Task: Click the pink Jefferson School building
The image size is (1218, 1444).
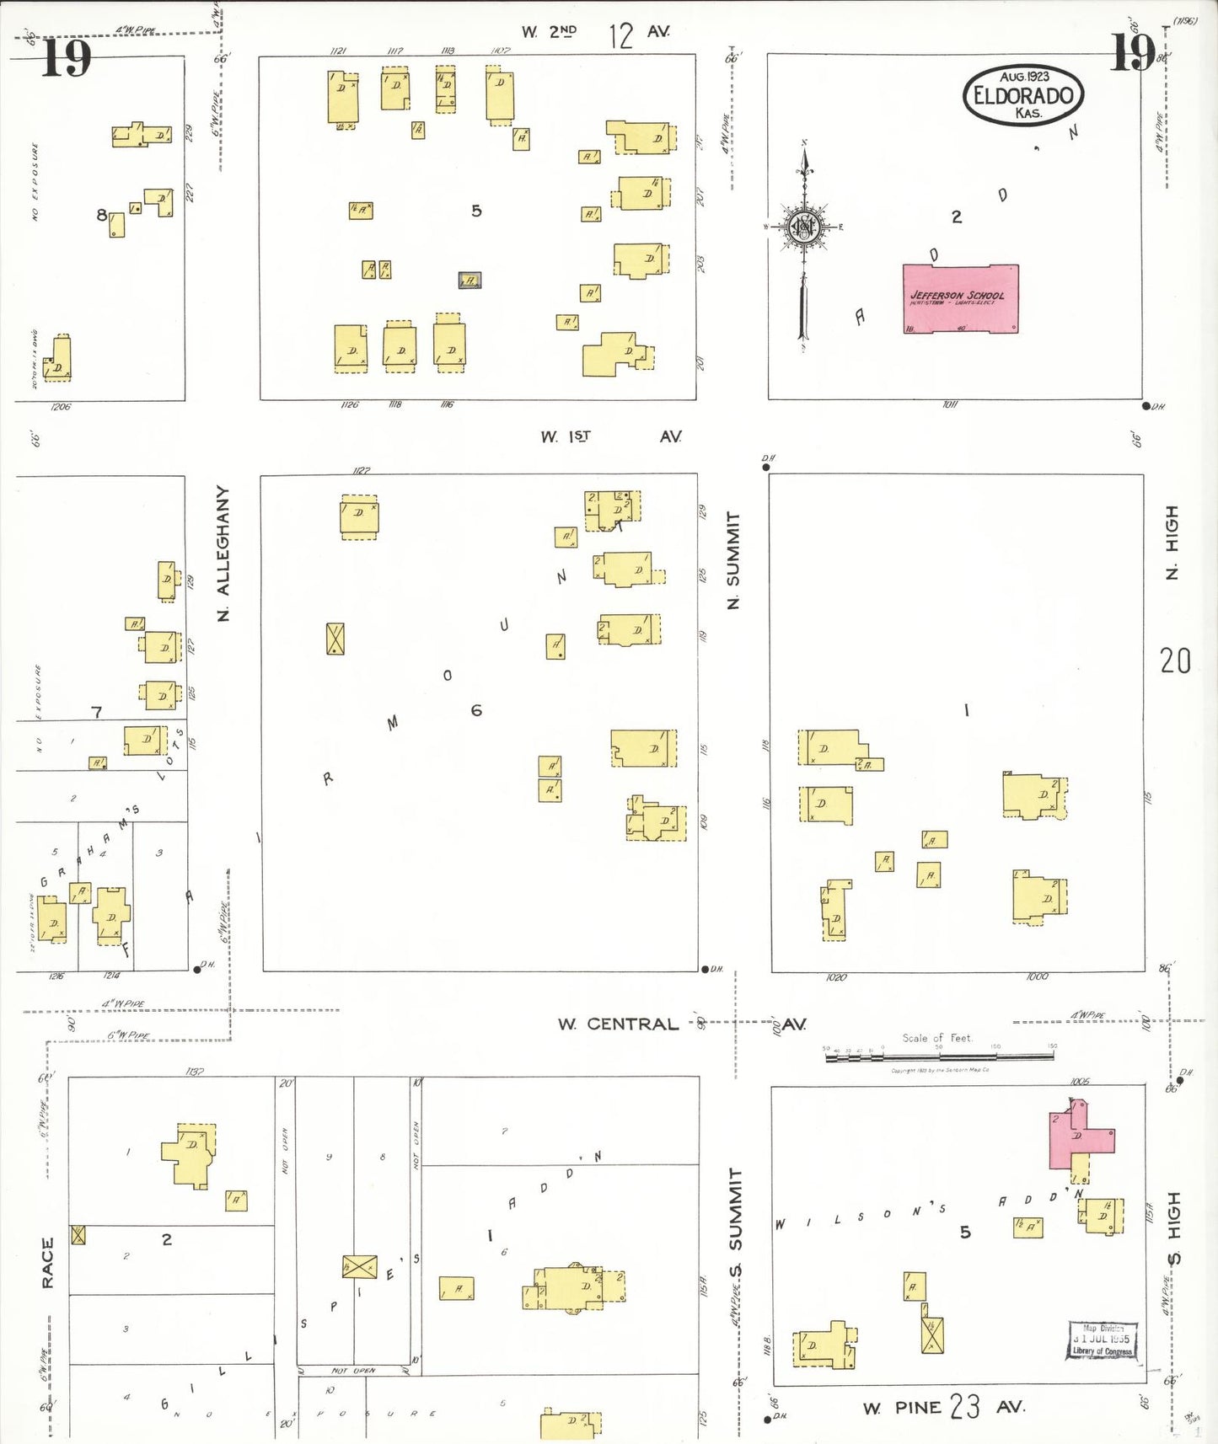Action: (x=960, y=298)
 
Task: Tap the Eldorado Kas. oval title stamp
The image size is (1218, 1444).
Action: (x=1022, y=94)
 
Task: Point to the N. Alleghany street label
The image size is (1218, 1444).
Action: (x=223, y=553)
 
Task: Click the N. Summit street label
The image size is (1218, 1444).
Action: (x=733, y=559)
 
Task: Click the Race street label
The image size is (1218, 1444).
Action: (x=47, y=1262)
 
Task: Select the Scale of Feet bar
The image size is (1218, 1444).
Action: (x=939, y=1054)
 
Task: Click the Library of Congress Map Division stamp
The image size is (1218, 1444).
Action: (x=1103, y=1339)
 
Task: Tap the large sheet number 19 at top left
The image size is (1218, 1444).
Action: (x=66, y=58)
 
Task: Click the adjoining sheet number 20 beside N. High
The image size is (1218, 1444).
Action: (x=1175, y=660)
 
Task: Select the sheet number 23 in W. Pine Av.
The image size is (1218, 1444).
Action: (x=965, y=1406)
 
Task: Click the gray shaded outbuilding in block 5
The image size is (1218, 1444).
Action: (x=469, y=280)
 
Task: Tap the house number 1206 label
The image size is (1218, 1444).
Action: (x=61, y=406)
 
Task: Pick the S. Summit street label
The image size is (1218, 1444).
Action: (x=735, y=1221)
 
